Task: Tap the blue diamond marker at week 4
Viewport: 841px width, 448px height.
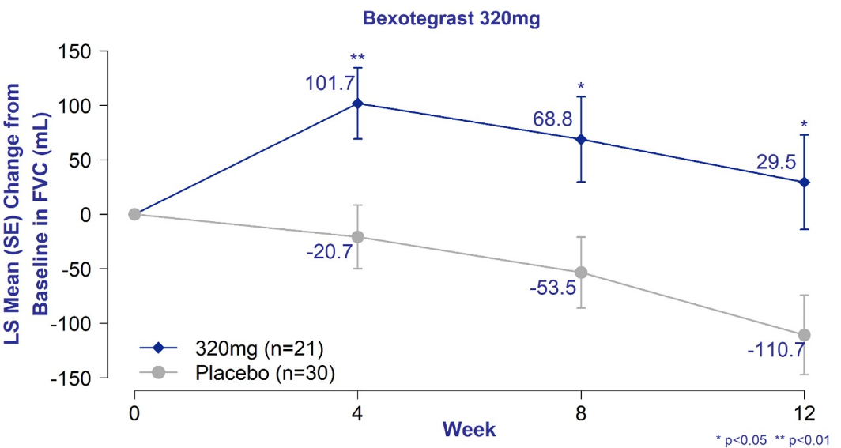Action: click(358, 104)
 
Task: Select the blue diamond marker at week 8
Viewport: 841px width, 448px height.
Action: click(582, 139)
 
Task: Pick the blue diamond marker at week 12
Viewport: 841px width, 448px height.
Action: click(805, 182)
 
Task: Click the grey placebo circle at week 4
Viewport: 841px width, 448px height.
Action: click(358, 237)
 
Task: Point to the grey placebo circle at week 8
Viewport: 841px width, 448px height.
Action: click(582, 273)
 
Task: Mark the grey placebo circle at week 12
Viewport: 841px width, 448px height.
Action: click(805, 335)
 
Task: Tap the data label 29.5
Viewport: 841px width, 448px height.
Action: click(776, 162)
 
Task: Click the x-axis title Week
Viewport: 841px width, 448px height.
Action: click(469, 429)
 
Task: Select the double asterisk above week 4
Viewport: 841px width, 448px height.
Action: click(358, 58)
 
